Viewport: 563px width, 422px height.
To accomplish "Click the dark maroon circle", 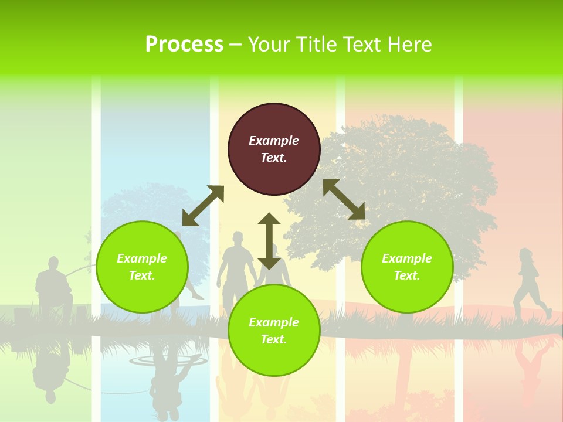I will [274, 149].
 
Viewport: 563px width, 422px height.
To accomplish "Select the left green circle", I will [142, 267].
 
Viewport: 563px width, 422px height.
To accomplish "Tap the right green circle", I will [407, 267].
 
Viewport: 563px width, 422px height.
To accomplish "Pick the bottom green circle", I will [274, 331].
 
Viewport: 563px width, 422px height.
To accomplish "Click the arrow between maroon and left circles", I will [203, 206].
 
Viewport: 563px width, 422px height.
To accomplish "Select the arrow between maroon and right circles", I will [344, 199].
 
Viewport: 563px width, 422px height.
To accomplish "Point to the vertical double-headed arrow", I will [269, 241].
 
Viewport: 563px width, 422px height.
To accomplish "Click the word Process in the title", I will [184, 45].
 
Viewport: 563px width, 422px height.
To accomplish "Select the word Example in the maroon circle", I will [274, 141].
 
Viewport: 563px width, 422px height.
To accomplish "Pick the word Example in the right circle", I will [407, 258].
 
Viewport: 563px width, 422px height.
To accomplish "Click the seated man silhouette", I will [53, 287].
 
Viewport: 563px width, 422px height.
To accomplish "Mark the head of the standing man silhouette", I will [238, 238].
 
